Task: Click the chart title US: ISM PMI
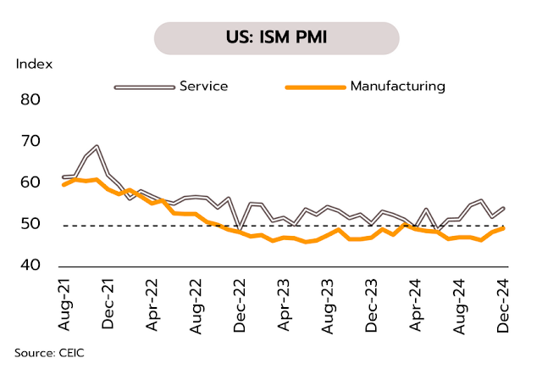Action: pyautogui.click(x=276, y=39)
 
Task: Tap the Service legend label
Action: pyautogui.click(x=203, y=86)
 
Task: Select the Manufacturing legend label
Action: pyautogui.click(x=397, y=86)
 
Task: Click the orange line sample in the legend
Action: pyautogui.click(x=315, y=87)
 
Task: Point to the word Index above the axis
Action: pyautogui.click(x=34, y=64)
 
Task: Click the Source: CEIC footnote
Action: pyautogui.click(x=49, y=351)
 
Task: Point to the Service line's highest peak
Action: pyautogui.click(x=97, y=146)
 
